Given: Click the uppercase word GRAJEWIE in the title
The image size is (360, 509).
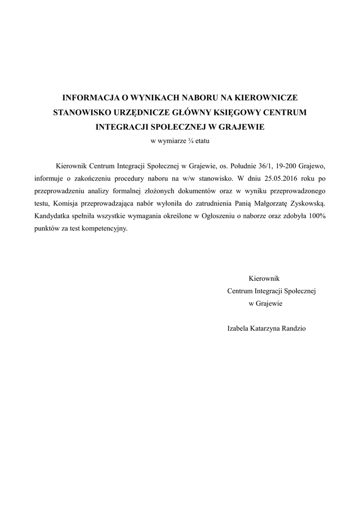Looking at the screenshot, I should pos(240,127).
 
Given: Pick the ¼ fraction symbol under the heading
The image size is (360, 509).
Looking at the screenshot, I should pos(190,141).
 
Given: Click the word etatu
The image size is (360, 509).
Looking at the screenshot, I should pos(203,141).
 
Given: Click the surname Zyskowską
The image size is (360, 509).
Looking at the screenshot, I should pos(305,203).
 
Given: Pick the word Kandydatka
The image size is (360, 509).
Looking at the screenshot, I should pos(53,216).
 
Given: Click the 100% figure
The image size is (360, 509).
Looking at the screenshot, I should pos(315,216).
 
